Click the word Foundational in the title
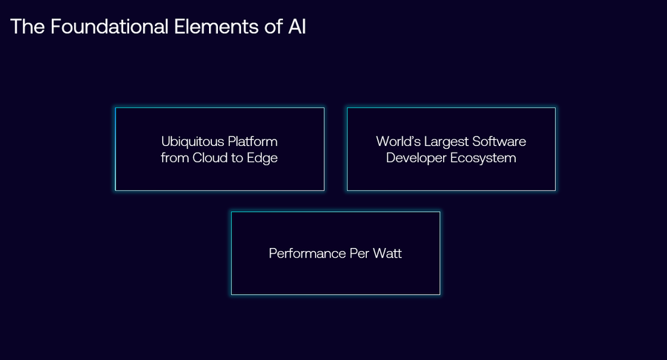110,27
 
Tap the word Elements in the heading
216,27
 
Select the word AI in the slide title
297,27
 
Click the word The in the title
27,27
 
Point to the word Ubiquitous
193,142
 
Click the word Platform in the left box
253,141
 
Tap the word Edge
262,159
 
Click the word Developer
416,159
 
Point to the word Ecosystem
483,159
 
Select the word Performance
307,253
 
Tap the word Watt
387,253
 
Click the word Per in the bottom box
359,253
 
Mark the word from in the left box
174,158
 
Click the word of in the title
273,27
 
